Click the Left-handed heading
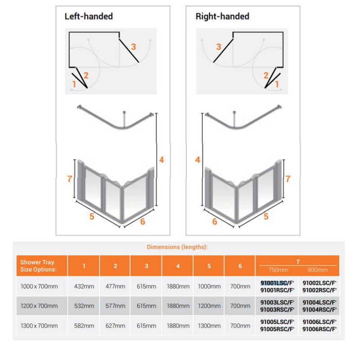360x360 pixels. (88, 17)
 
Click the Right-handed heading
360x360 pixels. (222, 17)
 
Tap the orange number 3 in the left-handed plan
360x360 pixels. (133, 46)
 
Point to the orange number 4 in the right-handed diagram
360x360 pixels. (197, 160)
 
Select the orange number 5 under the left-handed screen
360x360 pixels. (91, 216)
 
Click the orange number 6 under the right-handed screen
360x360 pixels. (215, 221)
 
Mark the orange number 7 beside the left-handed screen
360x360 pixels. (70, 179)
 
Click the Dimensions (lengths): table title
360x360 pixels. (177, 247)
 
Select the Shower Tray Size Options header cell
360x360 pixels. (38, 266)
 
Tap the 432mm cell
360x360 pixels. (84, 286)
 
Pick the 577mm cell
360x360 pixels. (115, 306)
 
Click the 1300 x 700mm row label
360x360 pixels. (39, 326)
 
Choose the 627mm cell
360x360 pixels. (115, 326)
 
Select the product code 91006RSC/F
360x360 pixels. (319, 329)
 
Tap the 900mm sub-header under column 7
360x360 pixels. (317, 270)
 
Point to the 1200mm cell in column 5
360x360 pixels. (209, 306)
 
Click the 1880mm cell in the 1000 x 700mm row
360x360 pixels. (178, 286)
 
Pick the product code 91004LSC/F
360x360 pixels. (319, 303)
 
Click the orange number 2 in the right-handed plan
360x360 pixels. (266, 76)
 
